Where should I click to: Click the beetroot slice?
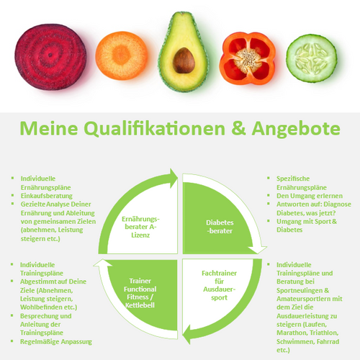[x=50, y=57]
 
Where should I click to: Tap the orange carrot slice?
[x=122, y=55]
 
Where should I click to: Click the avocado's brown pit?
[x=184, y=60]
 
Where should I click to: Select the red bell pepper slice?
[x=248, y=58]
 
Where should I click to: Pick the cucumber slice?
[x=312, y=58]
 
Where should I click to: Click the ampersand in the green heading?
[x=238, y=128]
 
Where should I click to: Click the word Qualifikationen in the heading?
[x=154, y=129]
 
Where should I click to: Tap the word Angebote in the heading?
[x=296, y=129]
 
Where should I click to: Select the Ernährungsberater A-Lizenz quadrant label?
[x=140, y=227]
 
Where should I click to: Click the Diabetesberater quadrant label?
[x=220, y=227]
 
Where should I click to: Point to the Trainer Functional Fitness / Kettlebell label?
[x=140, y=293]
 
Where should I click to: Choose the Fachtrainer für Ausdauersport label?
[x=219, y=285]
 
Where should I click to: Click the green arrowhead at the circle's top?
[x=174, y=178]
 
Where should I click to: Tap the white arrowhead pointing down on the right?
[x=258, y=250]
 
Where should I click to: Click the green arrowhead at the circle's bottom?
[x=186, y=334]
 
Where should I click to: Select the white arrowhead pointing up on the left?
[x=103, y=263]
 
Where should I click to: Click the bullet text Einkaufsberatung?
[x=47, y=196]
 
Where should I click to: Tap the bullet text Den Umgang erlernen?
[x=310, y=196]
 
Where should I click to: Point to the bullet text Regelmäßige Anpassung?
[x=56, y=342]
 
